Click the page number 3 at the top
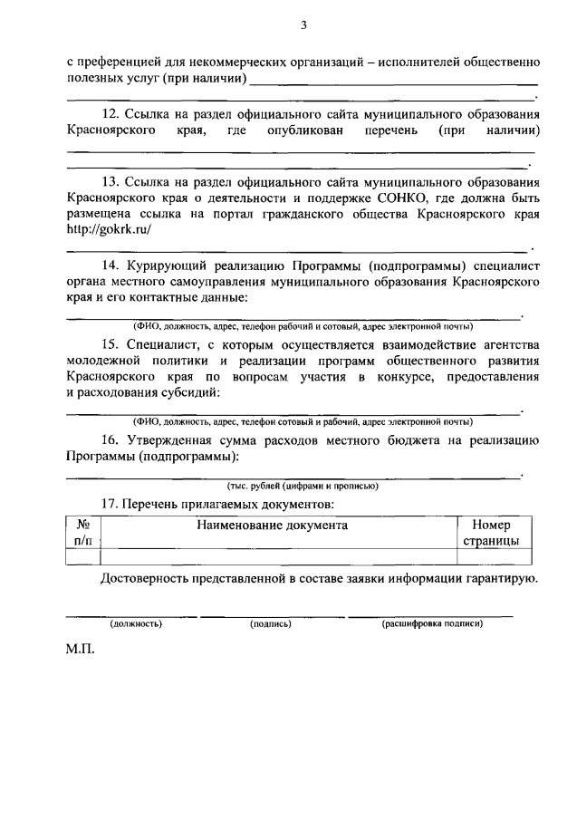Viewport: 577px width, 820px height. (x=303, y=25)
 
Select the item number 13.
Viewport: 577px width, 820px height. (x=111, y=181)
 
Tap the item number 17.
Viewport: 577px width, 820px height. (x=111, y=503)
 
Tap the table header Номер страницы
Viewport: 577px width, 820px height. (x=491, y=533)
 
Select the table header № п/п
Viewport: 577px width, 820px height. (x=82, y=533)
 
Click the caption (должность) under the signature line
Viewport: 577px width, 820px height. (x=136, y=624)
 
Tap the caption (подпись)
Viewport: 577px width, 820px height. (x=270, y=624)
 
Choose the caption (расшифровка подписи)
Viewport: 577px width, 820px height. (x=432, y=624)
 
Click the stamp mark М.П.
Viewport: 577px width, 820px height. (x=80, y=651)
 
